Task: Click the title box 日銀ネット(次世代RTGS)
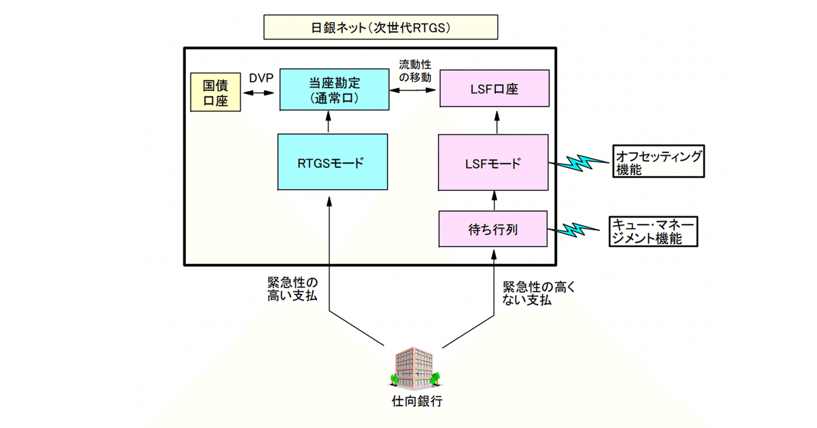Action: pyautogui.click(x=380, y=28)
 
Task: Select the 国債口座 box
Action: pyautogui.click(x=216, y=92)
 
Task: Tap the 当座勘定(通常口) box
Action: pyautogui.click(x=333, y=90)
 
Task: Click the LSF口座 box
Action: pyautogui.click(x=493, y=90)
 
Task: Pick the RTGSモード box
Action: pyautogui.click(x=333, y=162)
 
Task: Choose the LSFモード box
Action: pyautogui.click(x=493, y=162)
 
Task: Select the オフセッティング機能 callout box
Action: pyautogui.click(x=657, y=162)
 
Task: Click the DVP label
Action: pyautogui.click(x=261, y=79)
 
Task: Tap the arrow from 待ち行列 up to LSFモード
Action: pyautogui.click(x=493, y=201)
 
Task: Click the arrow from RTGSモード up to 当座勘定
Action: pyautogui.click(x=329, y=122)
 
